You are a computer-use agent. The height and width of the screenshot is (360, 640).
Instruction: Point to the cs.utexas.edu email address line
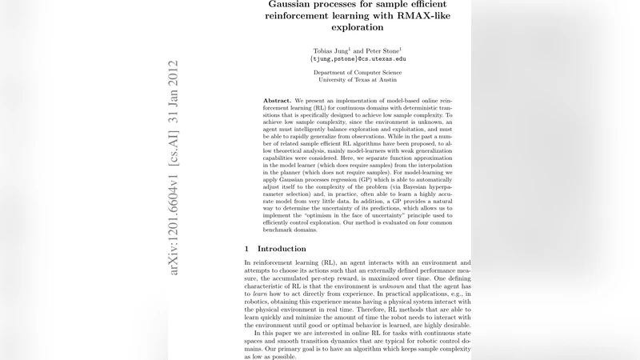(x=358, y=59)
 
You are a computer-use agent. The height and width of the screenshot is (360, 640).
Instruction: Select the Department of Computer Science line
(x=358, y=72)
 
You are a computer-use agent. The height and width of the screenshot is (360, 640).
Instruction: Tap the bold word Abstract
(x=278, y=101)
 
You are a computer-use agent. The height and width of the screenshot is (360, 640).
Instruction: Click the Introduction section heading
(x=282, y=249)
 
